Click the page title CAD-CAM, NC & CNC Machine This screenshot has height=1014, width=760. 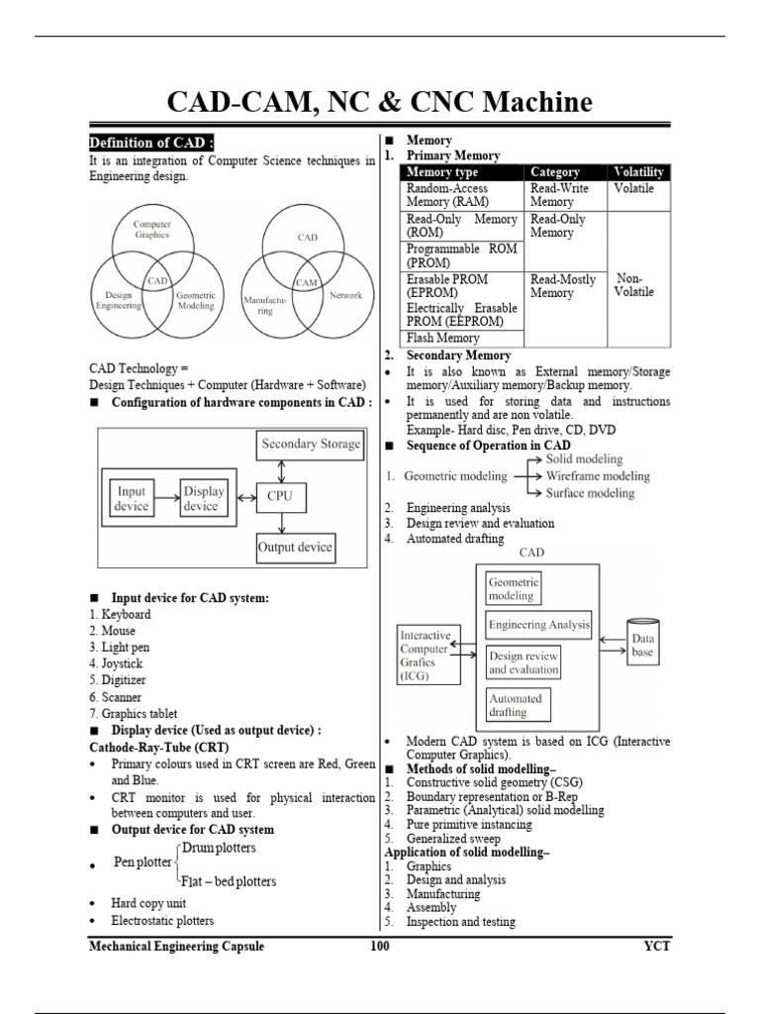(x=380, y=103)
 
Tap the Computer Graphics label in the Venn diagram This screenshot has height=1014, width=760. (x=152, y=230)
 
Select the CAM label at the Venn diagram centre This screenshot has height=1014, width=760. (x=306, y=282)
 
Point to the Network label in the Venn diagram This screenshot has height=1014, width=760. (x=345, y=295)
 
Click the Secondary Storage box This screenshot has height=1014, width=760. (x=310, y=445)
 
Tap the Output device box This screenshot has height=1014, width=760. (x=294, y=547)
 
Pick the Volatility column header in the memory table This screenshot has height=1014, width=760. (x=638, y=172)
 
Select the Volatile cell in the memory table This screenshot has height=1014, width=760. (x=633, y=188)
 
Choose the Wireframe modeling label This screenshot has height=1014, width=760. (x=598, y=476)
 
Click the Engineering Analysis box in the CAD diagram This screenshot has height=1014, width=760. (x=539, y=625)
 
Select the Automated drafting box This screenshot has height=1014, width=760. (x=515, y=704)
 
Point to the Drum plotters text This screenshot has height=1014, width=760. (x=218, y=849)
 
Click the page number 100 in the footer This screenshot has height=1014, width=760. (x=379, y=947)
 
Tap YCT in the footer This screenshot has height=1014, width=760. (x=655, y=947)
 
